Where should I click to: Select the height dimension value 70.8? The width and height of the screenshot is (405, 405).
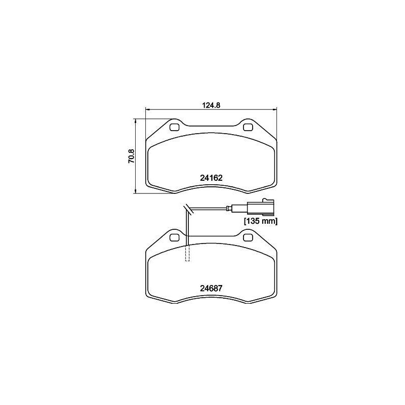point(131,156)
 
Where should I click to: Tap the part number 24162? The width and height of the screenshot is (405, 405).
point(212,178)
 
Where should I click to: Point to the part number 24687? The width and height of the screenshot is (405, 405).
point(212,288)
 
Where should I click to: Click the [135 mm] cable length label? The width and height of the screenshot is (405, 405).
point(261,221)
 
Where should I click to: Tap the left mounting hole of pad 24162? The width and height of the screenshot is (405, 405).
point(174,128)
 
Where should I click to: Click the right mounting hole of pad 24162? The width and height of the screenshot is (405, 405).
point(248,128)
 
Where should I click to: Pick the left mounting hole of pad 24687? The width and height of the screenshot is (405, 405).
point(174,237)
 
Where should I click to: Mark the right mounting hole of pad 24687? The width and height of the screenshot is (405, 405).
point(248,237)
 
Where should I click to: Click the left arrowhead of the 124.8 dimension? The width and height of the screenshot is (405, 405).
point(147,109)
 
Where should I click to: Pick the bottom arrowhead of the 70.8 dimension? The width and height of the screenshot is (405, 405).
point(136,191)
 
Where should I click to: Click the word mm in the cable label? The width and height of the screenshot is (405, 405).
point(270,221)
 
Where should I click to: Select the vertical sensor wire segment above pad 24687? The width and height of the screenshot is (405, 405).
point(187,225)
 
